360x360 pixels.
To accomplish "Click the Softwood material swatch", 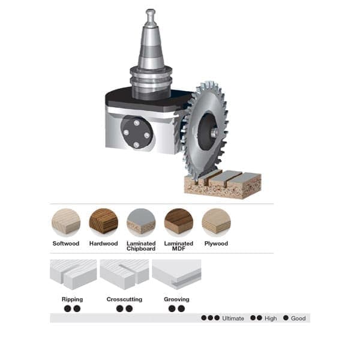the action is tap(66, 223).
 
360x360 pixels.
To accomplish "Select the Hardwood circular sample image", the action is tap(104, 223).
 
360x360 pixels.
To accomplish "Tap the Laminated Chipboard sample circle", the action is tap(141, 223).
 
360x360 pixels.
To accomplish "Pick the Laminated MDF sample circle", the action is tap(179, 223).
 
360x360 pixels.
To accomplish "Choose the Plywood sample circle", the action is tap(216, 223).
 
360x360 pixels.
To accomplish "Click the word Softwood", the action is tap(66, 244).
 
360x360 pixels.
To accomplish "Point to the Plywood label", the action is tap(216, 244).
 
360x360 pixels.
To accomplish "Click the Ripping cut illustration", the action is tap(73, 274).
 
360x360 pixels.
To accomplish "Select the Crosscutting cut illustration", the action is tap(124, 274).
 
